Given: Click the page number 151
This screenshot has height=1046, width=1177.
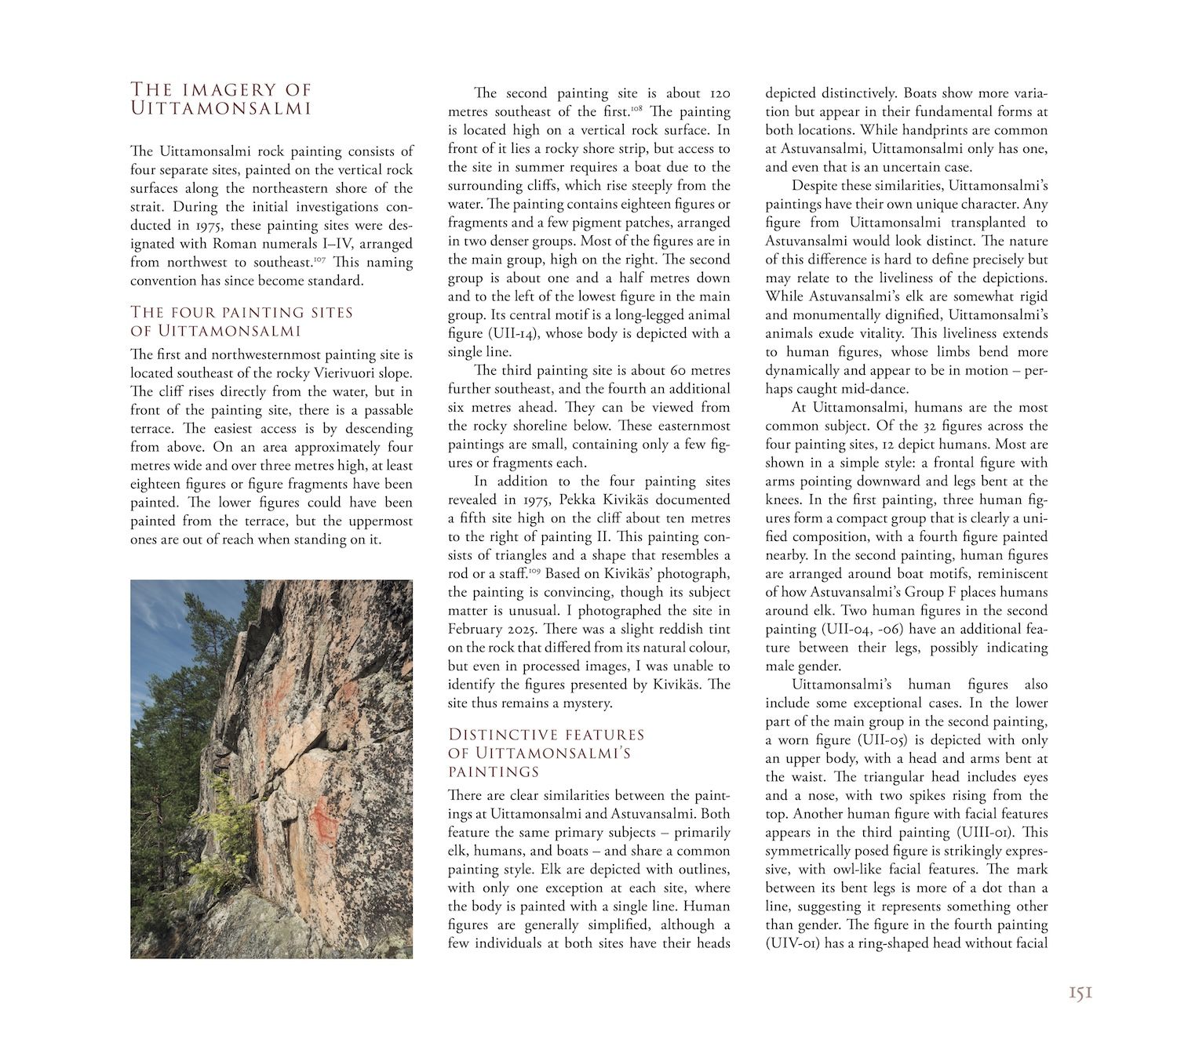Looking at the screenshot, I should point(1080,994).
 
